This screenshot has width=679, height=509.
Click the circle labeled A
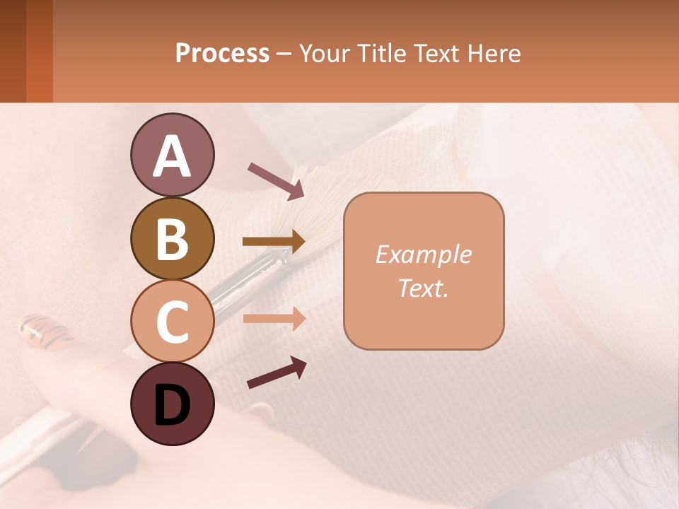coord(172,155)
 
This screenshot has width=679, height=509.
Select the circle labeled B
coord(172,238)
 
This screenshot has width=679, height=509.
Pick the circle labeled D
coord(172,404)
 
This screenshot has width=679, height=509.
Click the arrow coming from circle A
coord(276,180)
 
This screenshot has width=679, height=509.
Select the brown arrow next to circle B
coord(274,242)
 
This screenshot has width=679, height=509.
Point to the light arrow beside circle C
coord(274,318)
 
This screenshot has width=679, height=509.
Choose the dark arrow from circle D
coord(277,373)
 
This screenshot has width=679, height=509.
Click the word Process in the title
coord(222,54)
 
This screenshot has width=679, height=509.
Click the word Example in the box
coord(423,255)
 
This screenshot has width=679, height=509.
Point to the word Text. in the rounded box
coord(423,288)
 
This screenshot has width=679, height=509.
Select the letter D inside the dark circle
coord(172,405)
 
